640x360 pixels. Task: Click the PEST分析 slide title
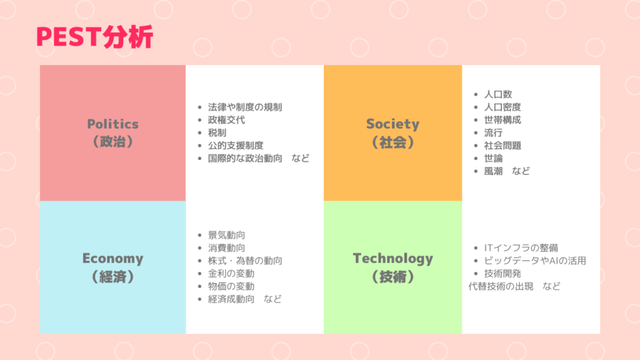click(x=95, y=37)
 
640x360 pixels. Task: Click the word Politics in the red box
click(x=113, y=124)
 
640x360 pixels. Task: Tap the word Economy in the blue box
click(x=113, y=258)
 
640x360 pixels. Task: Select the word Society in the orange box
click(x=392, y=124)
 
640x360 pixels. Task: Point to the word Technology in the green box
click(x=392, y=259)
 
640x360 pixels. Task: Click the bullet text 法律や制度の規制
click(x=245, y=107)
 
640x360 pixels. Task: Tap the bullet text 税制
click(x=217, y=132)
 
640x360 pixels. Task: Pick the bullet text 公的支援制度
click(x=236, y=145)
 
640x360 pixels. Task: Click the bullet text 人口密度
click(x=502, y=107)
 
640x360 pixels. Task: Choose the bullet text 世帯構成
click(x=502, y=120)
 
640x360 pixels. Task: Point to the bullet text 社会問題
click(x=502, y=145)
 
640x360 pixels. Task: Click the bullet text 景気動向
click(x=226, y=235)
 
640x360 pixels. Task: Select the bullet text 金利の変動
click(x=231, y=274)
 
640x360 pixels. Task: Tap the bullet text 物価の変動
click(x=231, y=286)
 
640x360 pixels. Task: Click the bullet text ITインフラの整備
click(x=521, y=247)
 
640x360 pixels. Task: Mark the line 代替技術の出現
click(x=501, y=286)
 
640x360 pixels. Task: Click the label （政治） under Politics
click(x=113, y=142)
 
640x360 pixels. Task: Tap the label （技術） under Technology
click(x=392, y=277)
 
